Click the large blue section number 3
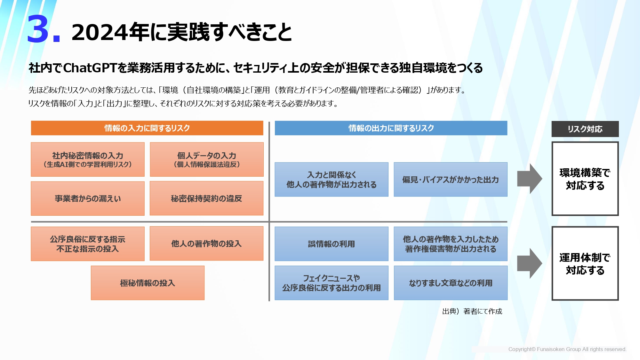coord(38,29)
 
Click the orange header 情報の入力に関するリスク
coord(147,128)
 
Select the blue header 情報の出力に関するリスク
coord(391,128)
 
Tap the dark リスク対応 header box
coord(585,129)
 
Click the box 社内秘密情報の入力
coord(88,159)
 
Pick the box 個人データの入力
coord(207,159)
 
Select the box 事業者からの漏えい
coord(88,198)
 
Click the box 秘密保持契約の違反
coord(207,198)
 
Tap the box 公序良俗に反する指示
coord(88,244)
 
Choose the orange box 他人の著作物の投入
coord(207,244)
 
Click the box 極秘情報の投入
coord(148,283)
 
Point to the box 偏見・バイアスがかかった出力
coord(451,180)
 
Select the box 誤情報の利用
coord(332,244)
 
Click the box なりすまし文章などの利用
coord(451,283)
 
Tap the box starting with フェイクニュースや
coord(332,283)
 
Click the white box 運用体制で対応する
coord(585,263)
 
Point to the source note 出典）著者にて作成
coord(472,311)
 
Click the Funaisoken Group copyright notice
coord(567,349)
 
